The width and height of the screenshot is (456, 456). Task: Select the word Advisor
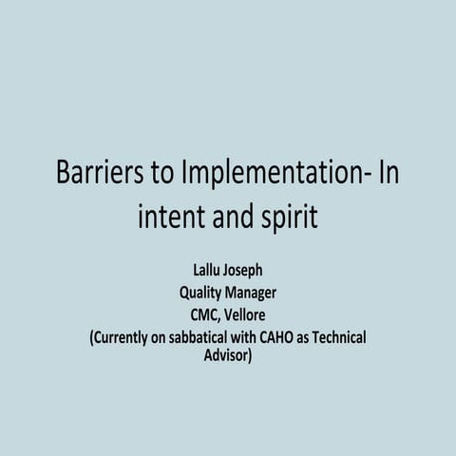pyautogui.click(x=228, y=357)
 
